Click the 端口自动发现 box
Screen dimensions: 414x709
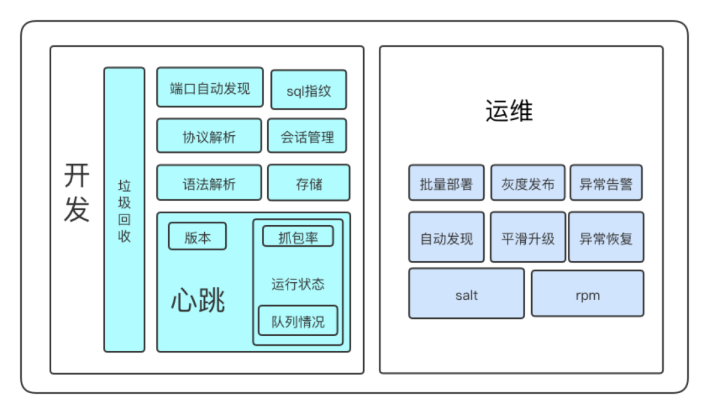coord(209,87)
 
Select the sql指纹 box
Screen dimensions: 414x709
coord(309,90)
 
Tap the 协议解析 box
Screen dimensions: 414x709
coord(209,136)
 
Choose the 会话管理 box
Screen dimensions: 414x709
coord(307,136)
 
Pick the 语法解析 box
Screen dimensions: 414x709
coord(209,182)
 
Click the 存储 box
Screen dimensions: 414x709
coord(309,182)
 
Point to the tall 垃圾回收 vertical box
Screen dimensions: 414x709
coord(124,210)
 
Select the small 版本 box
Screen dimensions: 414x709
coord(198,236)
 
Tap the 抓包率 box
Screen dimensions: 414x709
coord(298,236)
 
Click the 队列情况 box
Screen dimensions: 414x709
coord(298,321)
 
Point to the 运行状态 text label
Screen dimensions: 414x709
coord(298,284)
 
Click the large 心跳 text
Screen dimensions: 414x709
coord(198,300)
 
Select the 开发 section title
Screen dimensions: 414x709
coord(77,194)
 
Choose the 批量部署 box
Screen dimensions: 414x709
coord(446,182)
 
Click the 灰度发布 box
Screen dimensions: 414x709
coord(528,182)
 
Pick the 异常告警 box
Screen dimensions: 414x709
coord(606,182)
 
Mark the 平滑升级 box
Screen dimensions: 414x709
coord(528,237)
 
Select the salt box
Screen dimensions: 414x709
coord(466,293)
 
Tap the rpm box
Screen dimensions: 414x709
coord(588,293)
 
